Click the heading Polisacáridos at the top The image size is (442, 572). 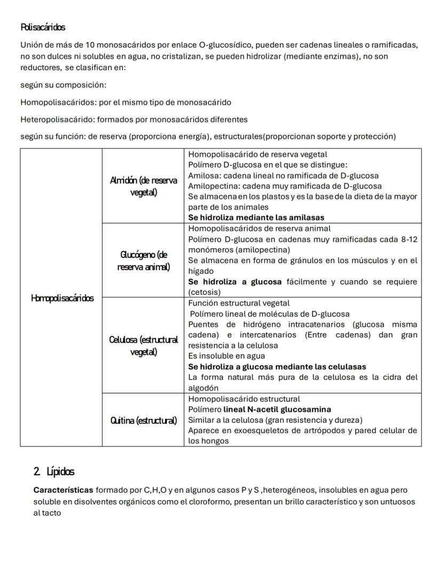pos(43,27)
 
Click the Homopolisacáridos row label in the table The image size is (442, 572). pos(61,298)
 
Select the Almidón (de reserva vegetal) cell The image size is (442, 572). pos(143,186)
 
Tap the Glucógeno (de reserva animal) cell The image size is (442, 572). pos(143,261)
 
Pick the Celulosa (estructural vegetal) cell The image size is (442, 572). pos(143,346)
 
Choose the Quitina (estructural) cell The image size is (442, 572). pos(143,420)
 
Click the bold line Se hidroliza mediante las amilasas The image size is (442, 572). pos(256,217)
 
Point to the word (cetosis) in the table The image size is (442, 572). pos(204,292)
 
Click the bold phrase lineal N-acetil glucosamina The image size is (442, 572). pos(277,410)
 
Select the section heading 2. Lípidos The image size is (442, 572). pos(53,472)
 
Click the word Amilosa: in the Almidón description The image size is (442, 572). pos(205,175)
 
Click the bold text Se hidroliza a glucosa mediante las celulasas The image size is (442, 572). pos(277,367)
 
